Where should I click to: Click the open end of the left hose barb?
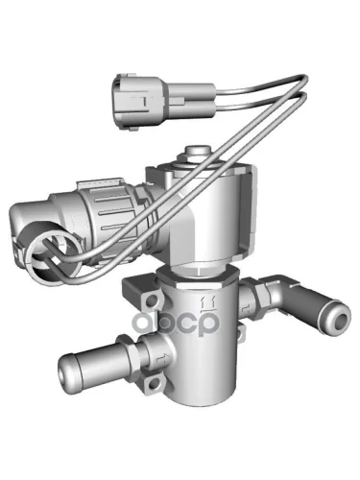tap(62, 373)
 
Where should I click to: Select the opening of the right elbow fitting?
tap(341, 319)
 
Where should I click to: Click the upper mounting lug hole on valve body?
tap(152, 300)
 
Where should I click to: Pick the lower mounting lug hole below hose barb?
tap(155, 382)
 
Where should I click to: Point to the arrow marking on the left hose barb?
tap(160, 358)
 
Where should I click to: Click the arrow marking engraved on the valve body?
tap(208, 302)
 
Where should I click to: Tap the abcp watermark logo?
tap(176, 323)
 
